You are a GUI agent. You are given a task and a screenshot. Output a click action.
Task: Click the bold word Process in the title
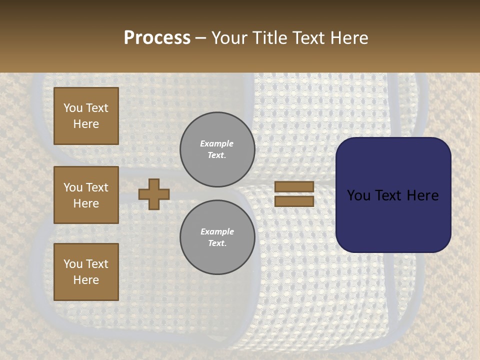coord(157,37)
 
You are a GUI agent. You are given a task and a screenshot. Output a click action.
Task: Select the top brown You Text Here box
coord(86,116)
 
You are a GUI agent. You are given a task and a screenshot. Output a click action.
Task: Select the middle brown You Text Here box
coord(86,195)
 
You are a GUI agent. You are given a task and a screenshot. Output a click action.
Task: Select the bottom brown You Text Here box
coord(86,272)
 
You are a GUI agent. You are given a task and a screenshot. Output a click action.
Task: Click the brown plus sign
coord(154,194)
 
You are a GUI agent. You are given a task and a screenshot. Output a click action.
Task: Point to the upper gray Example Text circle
coord(217,149)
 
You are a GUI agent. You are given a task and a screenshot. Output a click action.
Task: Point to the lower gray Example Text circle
coord(217,237)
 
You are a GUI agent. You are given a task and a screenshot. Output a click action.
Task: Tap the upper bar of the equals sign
coord(294,186)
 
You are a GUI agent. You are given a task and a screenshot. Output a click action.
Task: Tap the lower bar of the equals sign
coord(294,201)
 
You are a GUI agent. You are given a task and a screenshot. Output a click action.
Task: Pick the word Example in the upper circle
coord(217,143)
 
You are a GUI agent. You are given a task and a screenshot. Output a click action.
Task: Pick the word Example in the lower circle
coord(217,231)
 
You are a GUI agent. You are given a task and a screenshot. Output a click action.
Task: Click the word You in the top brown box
coord(73,108)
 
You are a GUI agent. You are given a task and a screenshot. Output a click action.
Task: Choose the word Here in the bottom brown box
coord(86,280)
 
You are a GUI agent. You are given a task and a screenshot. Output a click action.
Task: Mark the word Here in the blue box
coord(422,195)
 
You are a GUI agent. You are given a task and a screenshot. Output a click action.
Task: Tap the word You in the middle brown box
coord(73,187)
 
